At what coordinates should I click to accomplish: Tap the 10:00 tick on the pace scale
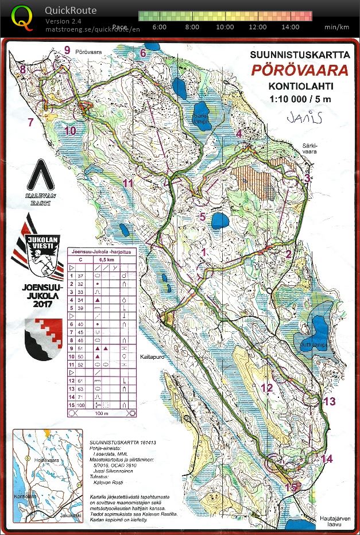pos(225,27)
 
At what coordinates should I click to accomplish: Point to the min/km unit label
pos(336,27)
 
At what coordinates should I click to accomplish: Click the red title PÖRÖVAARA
pos(299,71)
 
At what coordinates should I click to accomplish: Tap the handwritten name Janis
pos(304,117)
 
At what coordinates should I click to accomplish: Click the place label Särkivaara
pos(310,149)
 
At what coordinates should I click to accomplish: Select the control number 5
pos(202,216)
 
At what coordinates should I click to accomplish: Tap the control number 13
pos(329,401)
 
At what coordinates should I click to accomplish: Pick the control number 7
pos(30,121)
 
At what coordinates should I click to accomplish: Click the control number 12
pos(266,387)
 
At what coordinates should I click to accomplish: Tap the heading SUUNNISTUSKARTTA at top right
pos(299,55)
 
